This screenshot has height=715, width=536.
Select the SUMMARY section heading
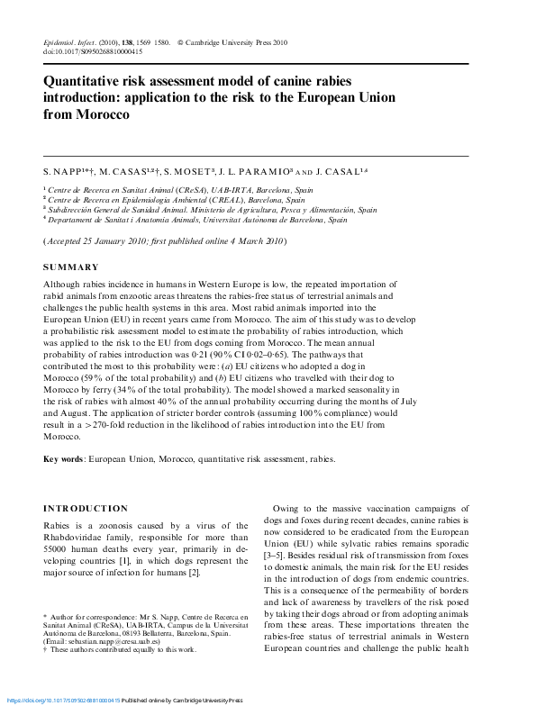pyautogui.click(x=71, y=267)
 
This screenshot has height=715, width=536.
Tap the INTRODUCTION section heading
pyautogui.click(x=86, y=508)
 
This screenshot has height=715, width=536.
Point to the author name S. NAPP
pyautogui.click(x=61, y=169)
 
